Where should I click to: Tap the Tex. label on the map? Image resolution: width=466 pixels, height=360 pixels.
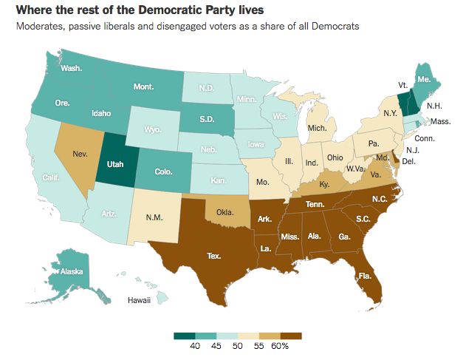point(214,256)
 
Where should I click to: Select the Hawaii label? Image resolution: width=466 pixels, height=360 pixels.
point(140,301)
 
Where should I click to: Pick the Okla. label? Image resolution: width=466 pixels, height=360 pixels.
point(226,211)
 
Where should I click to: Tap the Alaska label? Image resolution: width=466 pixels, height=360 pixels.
point(70,271)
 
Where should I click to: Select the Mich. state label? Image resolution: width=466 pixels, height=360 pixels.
point(317,128)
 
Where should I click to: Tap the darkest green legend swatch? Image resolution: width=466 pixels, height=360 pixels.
point(185,336)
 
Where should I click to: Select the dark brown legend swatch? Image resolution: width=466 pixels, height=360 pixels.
point(290,336)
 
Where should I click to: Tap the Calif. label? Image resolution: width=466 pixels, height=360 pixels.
point(50,177)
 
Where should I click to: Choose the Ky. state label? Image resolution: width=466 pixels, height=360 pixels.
point(325,180)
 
